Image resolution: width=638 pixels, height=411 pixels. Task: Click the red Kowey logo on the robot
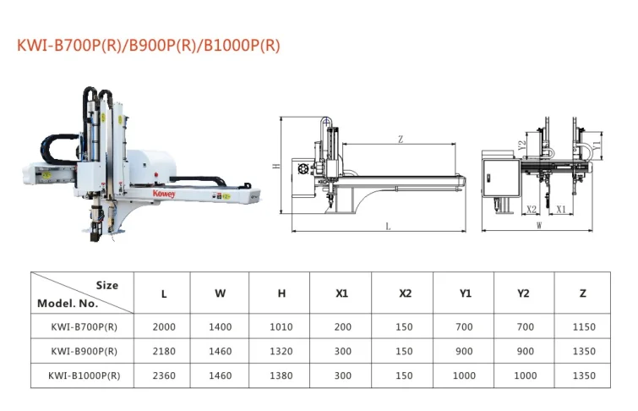[164, 194]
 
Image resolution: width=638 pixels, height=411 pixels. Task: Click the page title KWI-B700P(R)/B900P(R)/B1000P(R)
[149, 45]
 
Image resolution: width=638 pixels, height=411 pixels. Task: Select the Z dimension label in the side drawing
[401, 140]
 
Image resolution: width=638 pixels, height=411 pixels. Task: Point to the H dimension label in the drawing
[276, 166]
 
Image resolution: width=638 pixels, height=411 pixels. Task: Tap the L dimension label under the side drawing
[388, 226]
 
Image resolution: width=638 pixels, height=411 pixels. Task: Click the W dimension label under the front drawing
[539, 225]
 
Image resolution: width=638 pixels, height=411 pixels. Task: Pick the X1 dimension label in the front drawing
[561, 210]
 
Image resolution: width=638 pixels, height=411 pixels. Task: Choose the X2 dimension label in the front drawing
[532, 210]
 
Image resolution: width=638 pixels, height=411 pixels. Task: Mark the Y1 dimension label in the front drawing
[597, 145]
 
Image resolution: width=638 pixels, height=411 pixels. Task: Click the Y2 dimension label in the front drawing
[522, 145]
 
